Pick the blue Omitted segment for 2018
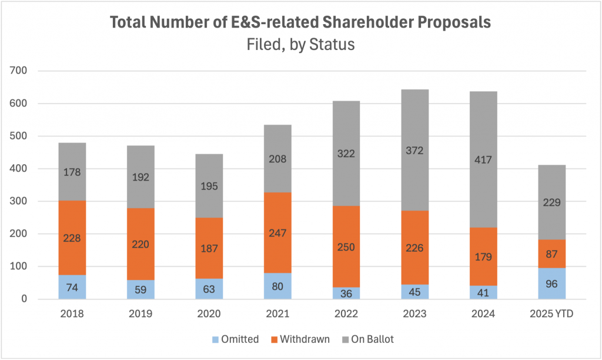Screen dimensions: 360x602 pyautogui.click(x=72, y=287)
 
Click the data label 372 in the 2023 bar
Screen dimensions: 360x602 pyautogui.click(x=414, y=151)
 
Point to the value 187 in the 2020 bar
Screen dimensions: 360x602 pyautogui.click(x=209, y=249)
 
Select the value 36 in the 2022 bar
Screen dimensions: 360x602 pyautogui.click(x=346, y=293)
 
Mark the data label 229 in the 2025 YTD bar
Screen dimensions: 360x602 pyautogui.click(x=552, y=202)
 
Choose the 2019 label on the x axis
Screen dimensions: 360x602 pyautogui.click(x=141, y=314)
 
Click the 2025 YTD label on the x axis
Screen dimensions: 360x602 pyautogui.click(x=552, y=314)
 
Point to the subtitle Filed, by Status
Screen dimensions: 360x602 pyautogui.click(x=301, y=44)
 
